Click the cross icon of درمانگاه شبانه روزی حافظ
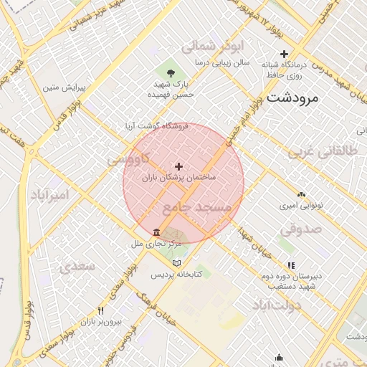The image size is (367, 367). (x=285, y=54)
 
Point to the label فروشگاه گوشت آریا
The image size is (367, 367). (x=157, y=125)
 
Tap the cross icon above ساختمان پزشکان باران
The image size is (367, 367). (x=178, y=166)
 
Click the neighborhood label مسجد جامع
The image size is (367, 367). (x=198, y=207)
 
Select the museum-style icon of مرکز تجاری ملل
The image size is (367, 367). (x=157, y=232)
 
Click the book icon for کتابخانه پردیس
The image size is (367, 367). (x=177, y=263)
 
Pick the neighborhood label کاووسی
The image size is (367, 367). (x=129, y=159)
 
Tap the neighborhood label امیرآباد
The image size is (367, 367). (x=49, y=194)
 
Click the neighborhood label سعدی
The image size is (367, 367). (x=78, y=267)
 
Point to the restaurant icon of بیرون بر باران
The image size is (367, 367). (x=100, y=311)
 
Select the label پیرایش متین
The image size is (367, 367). (x=64, y=87)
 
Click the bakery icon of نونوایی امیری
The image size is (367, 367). (x=300, y=194)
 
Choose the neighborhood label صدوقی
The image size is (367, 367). (x=297, y=229)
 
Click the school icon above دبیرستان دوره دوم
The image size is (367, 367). (x=290, y=264)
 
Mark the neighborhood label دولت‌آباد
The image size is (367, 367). (x=276, y=305)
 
